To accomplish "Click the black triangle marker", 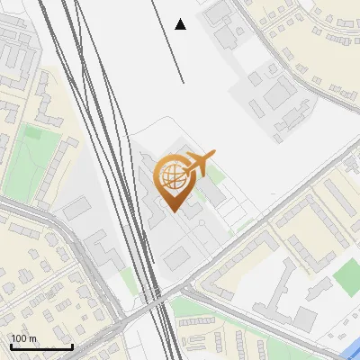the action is (181, 24).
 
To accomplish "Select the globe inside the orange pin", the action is (171, 176).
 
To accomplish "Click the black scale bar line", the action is (41, 346).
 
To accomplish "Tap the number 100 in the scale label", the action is (20, 338).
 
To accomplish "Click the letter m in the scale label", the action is (32, 338).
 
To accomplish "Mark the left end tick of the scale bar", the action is (11, 345).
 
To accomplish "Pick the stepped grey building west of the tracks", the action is (103, 251).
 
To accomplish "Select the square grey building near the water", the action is (307, 318).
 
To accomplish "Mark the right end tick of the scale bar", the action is (72, 345).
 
